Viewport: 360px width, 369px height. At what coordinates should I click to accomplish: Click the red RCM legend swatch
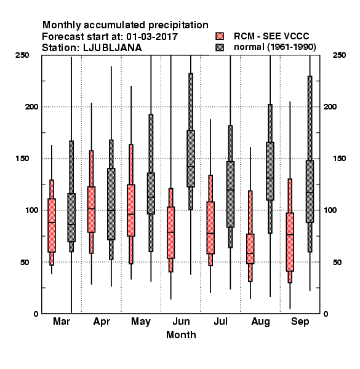220,36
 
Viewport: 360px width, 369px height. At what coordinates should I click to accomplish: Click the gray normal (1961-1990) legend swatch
220,47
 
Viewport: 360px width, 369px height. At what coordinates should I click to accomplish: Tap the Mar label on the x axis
62,321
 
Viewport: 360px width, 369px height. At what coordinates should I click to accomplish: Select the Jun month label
181,321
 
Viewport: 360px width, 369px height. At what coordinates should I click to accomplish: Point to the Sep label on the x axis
300,322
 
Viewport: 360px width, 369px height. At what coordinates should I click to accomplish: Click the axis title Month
181,335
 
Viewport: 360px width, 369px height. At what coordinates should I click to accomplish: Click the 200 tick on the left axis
31,106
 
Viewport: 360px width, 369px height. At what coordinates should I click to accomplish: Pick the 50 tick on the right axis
337,262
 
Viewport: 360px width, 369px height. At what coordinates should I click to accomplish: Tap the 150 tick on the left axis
22,159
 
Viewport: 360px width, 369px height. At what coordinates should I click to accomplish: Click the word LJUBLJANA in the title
113,48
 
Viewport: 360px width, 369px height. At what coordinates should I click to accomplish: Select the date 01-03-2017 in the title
152,36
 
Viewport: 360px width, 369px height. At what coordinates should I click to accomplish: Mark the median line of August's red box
250,253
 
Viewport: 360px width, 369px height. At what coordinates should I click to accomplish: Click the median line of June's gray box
191,167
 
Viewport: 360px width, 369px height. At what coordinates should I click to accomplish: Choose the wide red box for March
52,226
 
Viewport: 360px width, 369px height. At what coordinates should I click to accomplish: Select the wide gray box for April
111,204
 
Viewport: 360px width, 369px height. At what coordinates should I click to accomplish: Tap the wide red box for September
290,242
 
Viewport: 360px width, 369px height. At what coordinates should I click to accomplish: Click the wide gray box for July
230,194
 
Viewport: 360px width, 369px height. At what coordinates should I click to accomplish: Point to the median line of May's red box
131,214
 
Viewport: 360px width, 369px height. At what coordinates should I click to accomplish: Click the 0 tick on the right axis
326,314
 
